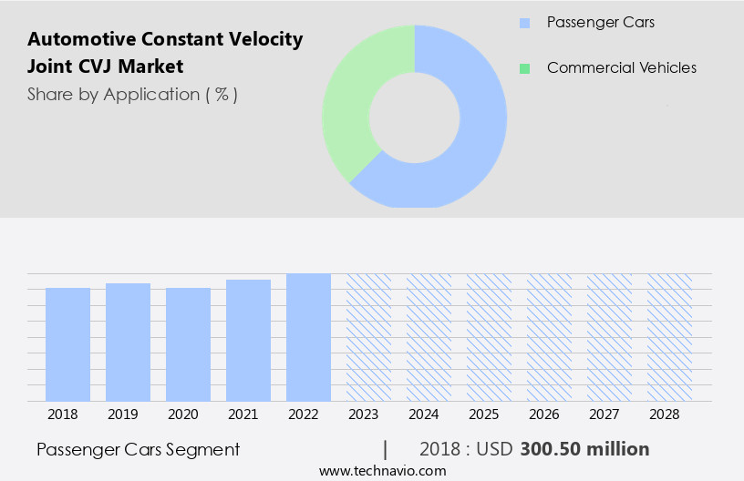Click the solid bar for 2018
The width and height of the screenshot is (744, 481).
(67, 344)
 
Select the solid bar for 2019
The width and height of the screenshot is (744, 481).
(128, 342)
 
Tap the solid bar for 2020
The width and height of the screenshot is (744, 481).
(188, 344)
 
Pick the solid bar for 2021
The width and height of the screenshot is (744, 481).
(248, 340)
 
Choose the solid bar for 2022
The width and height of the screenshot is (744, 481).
(308, 337)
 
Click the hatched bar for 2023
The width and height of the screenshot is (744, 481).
(368, 337)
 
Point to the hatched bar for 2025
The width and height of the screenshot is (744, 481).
(489, 337)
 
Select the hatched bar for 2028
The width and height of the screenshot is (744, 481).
(669, 337)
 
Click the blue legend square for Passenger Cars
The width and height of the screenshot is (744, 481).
(523, 23)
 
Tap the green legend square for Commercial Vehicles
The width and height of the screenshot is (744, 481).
(523, 68)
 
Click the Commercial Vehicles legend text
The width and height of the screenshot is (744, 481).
(621, 68)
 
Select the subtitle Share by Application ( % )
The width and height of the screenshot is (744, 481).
(132, 94)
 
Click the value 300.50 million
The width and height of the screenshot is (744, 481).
(584, 449)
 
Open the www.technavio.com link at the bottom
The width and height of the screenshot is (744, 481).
(382, 470)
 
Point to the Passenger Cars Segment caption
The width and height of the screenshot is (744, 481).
(139, 449)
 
